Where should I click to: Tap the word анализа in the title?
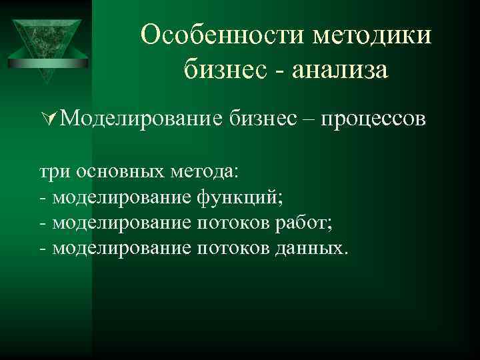(x=337, y=69)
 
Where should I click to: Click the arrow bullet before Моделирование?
(x=45, y=120)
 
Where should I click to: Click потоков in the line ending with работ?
(x=232, y=223)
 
